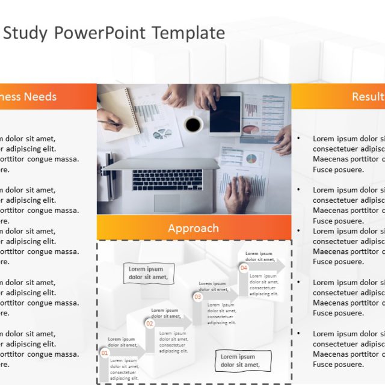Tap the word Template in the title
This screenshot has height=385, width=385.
[188, 32]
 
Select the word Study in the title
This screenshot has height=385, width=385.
[25, 32]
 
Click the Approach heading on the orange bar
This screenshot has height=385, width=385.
[193, 228]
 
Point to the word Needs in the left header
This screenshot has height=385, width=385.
[40, 96]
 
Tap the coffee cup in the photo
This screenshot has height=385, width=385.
[193, 125]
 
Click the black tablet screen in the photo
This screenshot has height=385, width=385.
[225, 114]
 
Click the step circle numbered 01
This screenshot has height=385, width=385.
[104, 353]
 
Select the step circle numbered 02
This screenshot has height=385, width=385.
[150, 323]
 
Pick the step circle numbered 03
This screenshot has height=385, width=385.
[197, 297]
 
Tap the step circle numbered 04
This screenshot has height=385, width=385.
[244, 268]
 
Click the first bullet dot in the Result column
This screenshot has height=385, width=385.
[299, 138]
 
